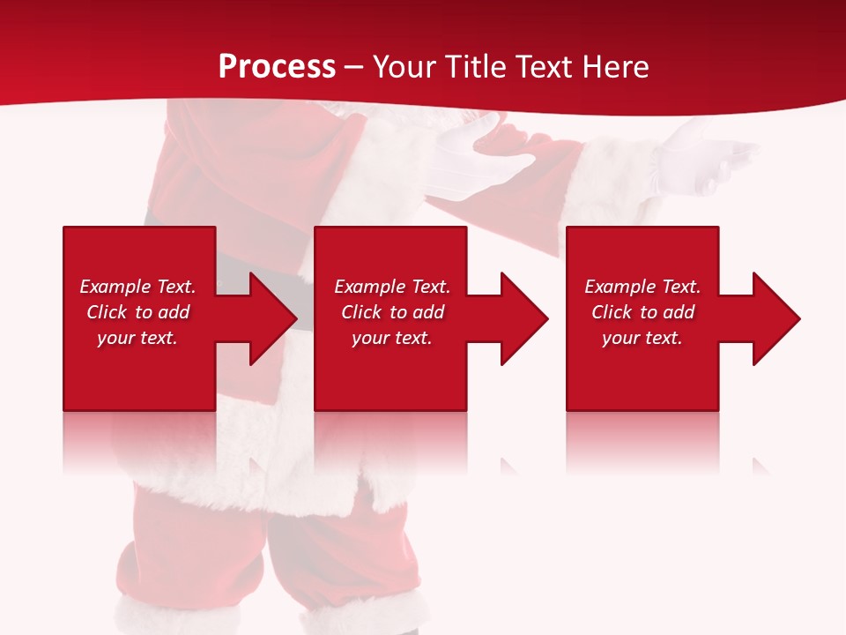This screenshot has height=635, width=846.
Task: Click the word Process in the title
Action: pyautogui.click(x=277, y=67)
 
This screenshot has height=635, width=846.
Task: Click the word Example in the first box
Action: pyautogui.click(x=115, y=287)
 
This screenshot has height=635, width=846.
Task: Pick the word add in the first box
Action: pyautogui.click(x=174, y=312)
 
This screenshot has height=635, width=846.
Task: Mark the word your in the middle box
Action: pyautogui.click(x=370, y=338)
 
